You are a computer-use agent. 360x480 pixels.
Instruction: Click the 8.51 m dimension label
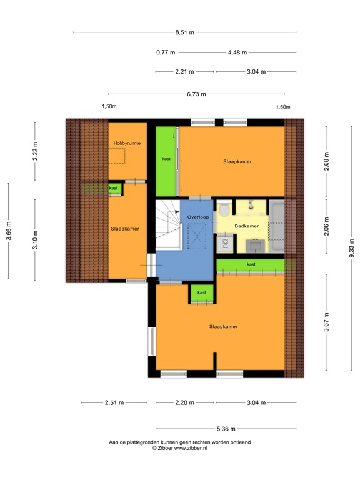[x=184, y=32]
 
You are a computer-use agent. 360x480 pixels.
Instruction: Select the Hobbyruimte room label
[x=127, y=144]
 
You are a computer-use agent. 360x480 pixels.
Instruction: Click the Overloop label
[x=197, y=217]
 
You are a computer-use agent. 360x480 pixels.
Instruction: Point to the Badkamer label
[x=247, y=226]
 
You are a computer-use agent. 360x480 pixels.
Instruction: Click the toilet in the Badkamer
[x=224, y=214]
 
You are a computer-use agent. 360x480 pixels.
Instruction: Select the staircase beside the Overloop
[x=167, y=224]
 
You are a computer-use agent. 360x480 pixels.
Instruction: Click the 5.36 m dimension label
[x=226, y=429]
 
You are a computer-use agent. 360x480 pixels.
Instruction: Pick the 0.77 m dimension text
[x=166, y=52]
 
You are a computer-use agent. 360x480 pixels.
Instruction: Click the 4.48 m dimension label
[x=237, y=52]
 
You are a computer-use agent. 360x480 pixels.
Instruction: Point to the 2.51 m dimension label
[x=114, y=402]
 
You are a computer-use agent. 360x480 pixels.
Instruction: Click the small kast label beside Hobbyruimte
[x=114, y=187]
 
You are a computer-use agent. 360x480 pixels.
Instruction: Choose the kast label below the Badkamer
[x=251, y=264]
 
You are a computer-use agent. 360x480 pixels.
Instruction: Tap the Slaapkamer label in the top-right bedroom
[x=237, y=162]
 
